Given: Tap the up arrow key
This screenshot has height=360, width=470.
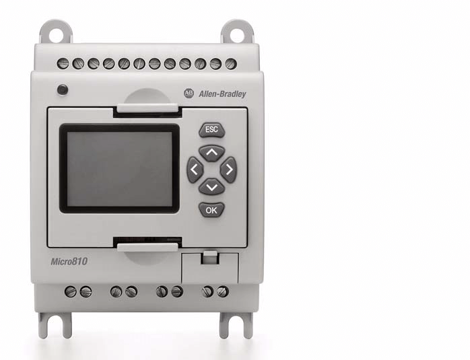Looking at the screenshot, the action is pyautogui.click(x=211, y=153).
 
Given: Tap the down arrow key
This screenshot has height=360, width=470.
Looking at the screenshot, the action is pyautogui.click(x=211, y=187).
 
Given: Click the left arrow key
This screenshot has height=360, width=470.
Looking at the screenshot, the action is pyautogui.click(x=195, y=170).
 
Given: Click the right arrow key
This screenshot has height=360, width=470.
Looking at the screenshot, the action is pyautogui.click(x=229, y=170).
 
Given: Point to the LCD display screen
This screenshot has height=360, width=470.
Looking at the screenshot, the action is pyautogui.click(x=120, y=169).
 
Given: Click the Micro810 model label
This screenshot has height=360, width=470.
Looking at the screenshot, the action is pyautogui.click(x=69, y=262).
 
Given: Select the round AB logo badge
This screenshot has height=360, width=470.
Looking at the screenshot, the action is pyautogui.click(x=189, y=93).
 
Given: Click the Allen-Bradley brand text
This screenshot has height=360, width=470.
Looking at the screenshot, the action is pyautogui.click(x=222, y=94).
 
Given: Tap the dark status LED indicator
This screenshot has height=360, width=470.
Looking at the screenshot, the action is pyautogui.click(x=63, y=90).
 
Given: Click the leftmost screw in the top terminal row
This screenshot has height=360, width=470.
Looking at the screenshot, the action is pyautogui.click(x=63, y=63).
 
